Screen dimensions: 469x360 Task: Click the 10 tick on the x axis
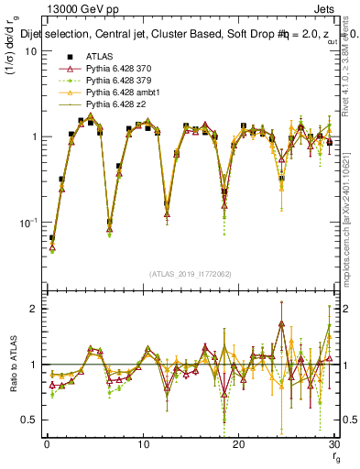(142, 445)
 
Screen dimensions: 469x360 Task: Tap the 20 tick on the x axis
(238, 445)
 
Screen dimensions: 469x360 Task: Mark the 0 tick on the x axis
(47, 445)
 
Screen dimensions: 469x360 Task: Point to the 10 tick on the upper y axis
(29, 51)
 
